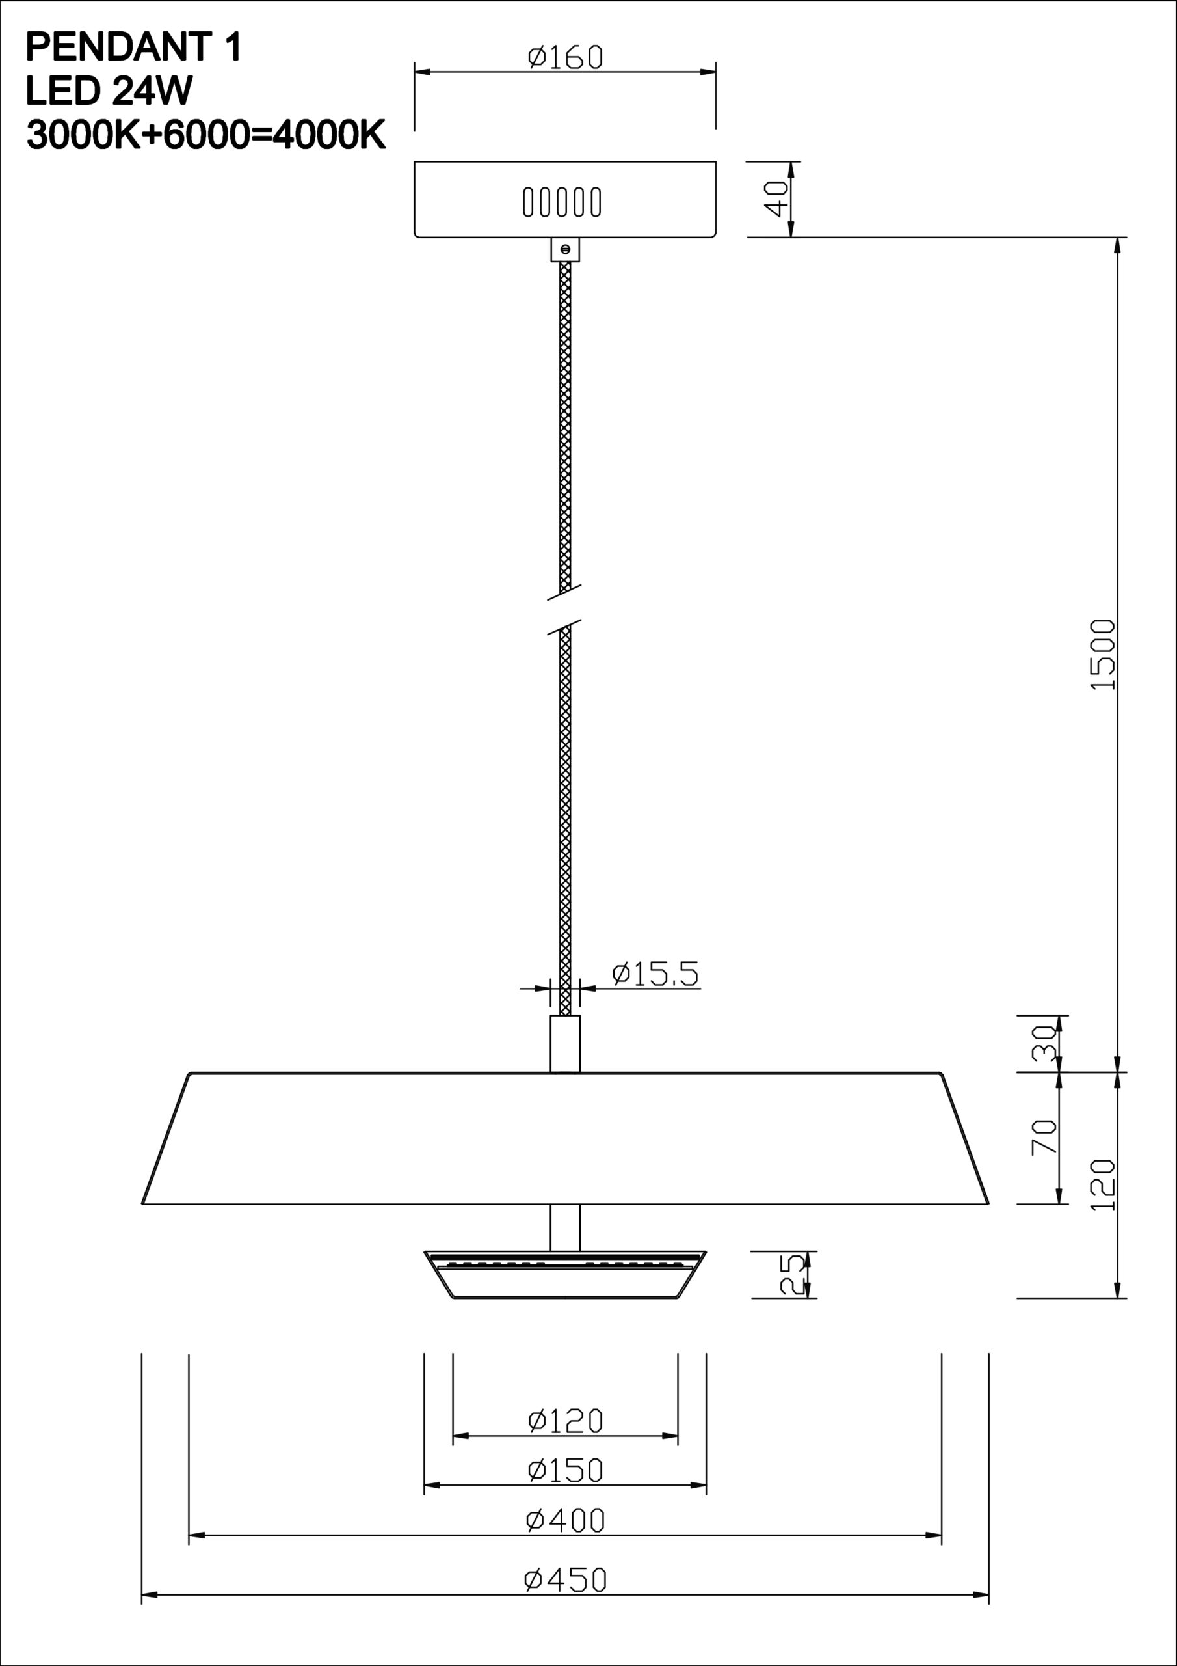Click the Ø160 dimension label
coord(565,57)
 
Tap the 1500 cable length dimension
coord(1102,655)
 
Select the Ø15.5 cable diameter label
coord(655,974)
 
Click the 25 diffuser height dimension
coord(791,1275)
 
